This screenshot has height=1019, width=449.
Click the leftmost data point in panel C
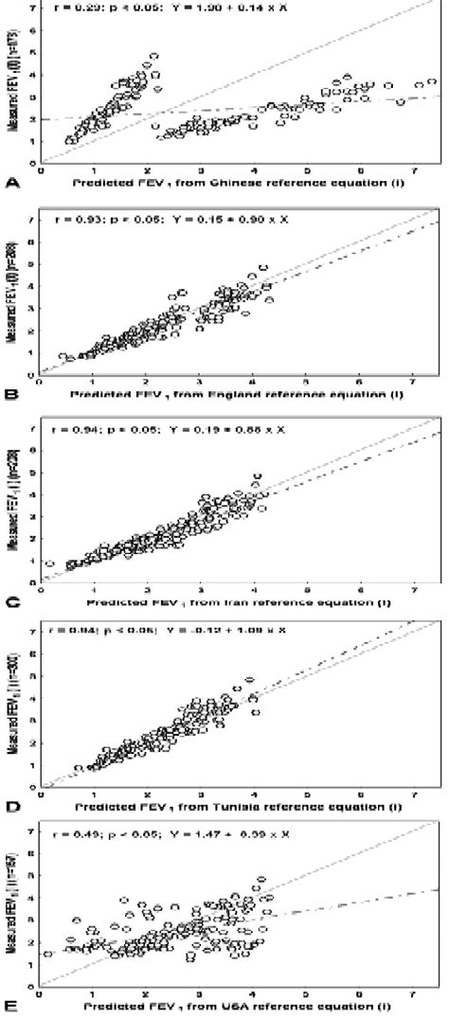coord(48,564)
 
